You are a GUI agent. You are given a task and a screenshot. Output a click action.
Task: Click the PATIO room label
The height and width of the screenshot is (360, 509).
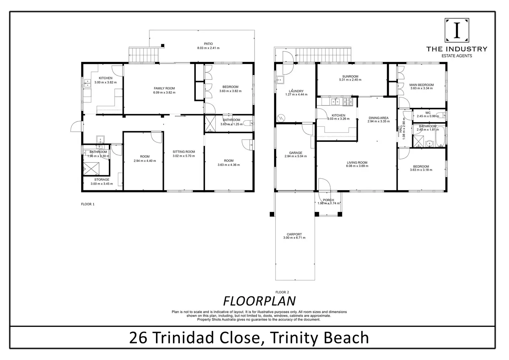point(208,44)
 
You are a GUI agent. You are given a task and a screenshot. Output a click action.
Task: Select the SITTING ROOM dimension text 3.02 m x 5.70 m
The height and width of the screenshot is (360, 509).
point(184,156)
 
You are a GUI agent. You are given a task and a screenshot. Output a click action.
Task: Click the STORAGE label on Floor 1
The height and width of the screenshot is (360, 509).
point(102,179)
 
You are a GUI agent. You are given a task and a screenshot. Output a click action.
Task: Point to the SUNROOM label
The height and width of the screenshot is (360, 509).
point(350,76)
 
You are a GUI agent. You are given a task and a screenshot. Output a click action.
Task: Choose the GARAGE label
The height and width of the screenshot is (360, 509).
point(296,153)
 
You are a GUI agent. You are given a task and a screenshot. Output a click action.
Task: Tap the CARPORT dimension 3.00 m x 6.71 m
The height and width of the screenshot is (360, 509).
point(294,238)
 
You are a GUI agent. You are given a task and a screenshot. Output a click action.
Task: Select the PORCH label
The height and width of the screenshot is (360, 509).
point(328,200)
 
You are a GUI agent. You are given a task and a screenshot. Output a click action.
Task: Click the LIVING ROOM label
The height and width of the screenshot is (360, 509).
point(357,163)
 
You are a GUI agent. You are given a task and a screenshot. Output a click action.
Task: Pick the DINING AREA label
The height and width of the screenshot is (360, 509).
point(378,118)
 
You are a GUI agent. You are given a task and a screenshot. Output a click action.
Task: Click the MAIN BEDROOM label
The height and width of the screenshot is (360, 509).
point(421,85)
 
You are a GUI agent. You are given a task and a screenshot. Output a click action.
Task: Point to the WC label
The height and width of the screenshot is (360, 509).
point(428,113)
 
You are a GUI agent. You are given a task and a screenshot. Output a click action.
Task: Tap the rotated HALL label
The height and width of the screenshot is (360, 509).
point(400,129)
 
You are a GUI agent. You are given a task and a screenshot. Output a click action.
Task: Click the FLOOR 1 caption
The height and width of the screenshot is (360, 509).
point(88,204)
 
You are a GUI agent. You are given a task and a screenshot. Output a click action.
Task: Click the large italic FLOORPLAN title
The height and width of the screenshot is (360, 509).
point(259,301)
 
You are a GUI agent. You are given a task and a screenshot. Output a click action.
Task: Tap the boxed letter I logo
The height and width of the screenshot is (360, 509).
point(457,30)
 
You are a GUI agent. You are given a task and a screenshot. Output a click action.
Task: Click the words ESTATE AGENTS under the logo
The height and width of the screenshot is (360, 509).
point(457,56)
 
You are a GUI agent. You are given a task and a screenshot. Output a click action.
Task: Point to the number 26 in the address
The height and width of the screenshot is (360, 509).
point(138,338)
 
